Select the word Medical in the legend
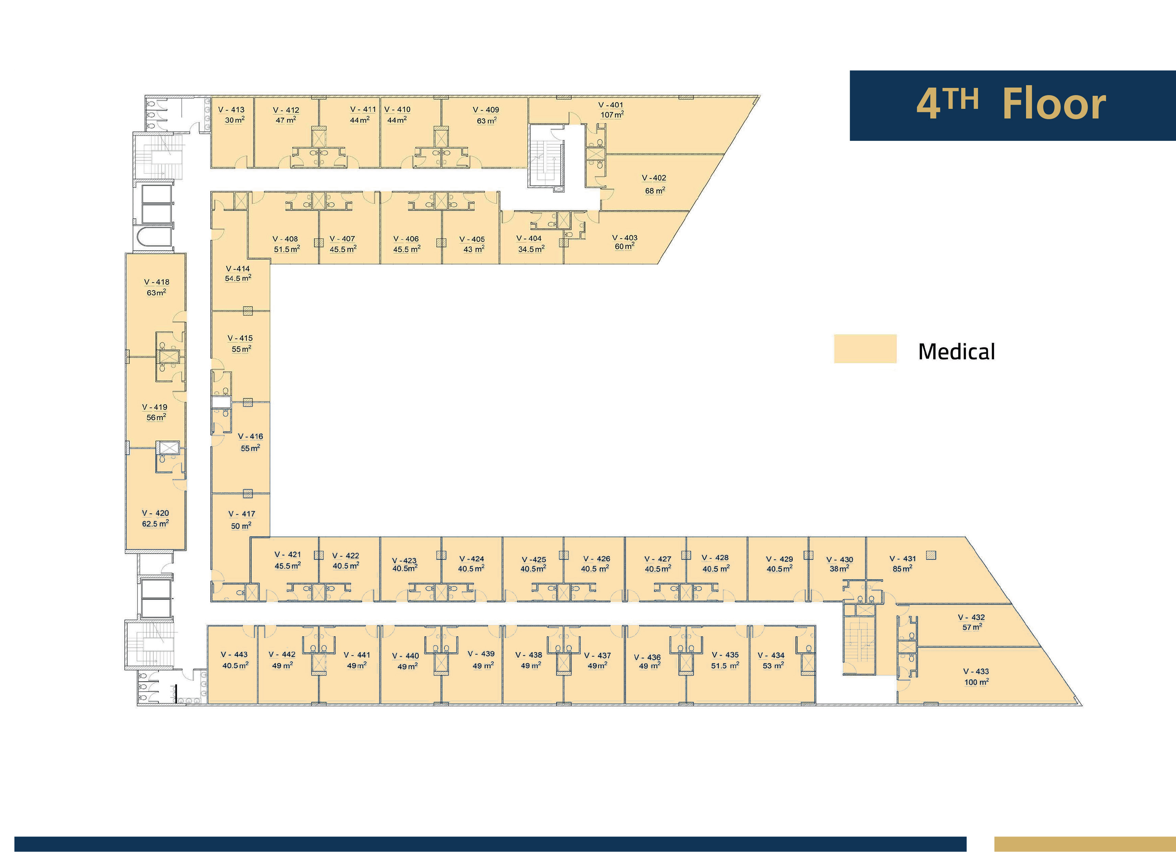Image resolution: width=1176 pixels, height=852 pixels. [957, 352]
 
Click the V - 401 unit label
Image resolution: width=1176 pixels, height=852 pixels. [611, 105]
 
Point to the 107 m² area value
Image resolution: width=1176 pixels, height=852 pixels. [612, 115]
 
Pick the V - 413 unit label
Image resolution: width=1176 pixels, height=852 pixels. [231, 110]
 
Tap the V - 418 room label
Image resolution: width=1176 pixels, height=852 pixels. [156, 282]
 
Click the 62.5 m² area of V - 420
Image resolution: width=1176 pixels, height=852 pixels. [155, 524]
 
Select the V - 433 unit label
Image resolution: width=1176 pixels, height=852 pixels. [976, 671]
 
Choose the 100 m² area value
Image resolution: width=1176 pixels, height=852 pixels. [976, 682]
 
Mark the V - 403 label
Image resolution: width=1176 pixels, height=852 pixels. [625, 238]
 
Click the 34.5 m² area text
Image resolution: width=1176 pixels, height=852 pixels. [531, 249]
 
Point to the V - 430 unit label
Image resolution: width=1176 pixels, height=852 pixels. [839, 560]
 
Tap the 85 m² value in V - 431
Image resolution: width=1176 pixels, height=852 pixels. [902, 569]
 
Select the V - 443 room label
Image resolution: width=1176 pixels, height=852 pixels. [234, 655]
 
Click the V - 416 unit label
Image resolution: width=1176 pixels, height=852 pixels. [251, 437]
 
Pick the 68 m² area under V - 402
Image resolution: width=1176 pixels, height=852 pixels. [655, 191]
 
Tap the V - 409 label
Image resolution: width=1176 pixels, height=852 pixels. [486, 110]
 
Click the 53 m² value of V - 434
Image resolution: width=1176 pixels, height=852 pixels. [773, 666]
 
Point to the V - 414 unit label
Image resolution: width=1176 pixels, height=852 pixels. [238, 269]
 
